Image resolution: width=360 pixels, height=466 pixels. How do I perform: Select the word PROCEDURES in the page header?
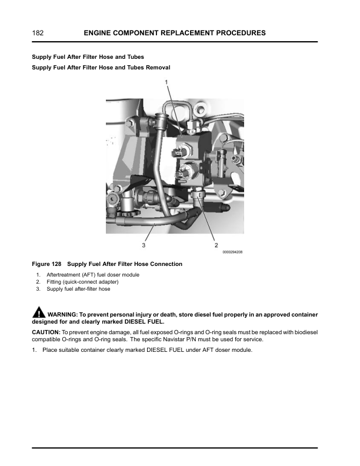tap(236, 33)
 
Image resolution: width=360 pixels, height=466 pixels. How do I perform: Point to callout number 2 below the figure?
tap(216, 244)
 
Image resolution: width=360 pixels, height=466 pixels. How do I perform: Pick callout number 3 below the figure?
tap(143, 244)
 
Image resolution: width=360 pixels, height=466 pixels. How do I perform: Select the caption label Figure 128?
tap(48, 264)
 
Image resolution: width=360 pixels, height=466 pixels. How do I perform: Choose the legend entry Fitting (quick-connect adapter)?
tap(82, 282)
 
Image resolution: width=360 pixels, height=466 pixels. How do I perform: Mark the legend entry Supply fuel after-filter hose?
tap(78, 289)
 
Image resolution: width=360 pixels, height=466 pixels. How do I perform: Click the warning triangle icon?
tap(38, 312)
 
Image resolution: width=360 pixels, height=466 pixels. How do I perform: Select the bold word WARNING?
tap(63, 314)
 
